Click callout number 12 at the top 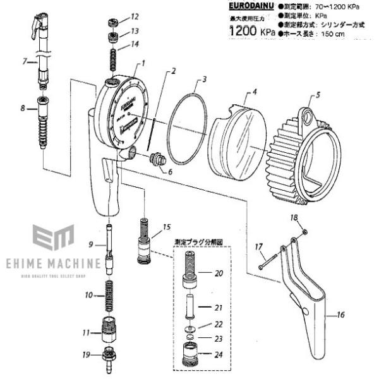(x=135, y=16)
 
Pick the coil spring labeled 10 (x=109, y=296)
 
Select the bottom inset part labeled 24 (x=190, y=355)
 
